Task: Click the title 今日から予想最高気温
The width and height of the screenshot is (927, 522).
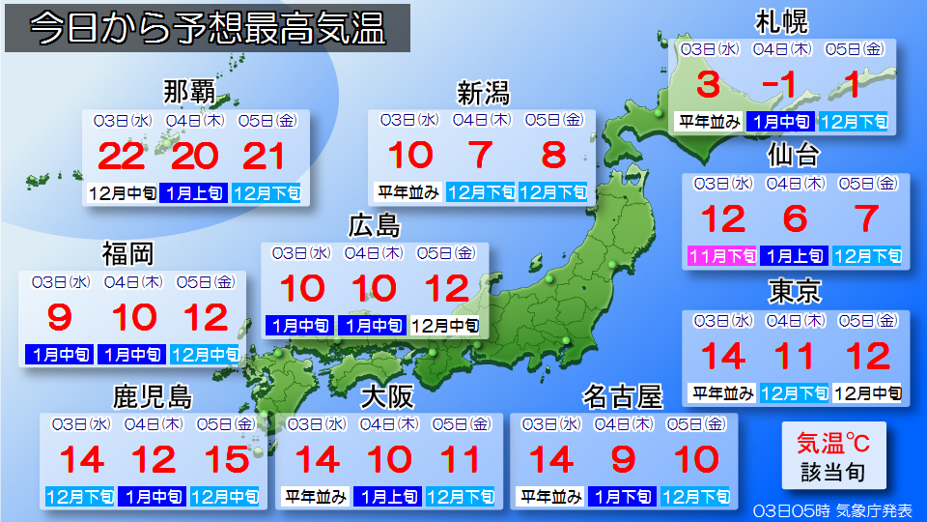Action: point(207,29)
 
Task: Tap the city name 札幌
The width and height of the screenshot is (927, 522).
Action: point(781,21)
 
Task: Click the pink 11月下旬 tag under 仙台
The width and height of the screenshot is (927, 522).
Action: point(721,256)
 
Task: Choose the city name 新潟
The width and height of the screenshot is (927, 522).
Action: point(483,93)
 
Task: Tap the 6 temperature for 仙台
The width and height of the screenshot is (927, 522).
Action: point(795,219)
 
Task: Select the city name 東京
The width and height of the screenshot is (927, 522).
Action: point(794,290)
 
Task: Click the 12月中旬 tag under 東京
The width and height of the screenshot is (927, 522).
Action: point(866,393)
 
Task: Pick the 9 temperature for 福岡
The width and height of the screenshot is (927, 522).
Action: point(59,317)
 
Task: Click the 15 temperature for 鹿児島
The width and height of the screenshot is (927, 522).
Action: point(224,459)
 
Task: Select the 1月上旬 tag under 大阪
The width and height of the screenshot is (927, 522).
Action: point(388,497)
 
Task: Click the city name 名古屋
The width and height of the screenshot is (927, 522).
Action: point(623,396)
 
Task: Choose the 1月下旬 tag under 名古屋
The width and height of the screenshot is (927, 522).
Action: point(623,497)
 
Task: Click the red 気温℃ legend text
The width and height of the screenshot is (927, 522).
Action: point(832,444)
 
